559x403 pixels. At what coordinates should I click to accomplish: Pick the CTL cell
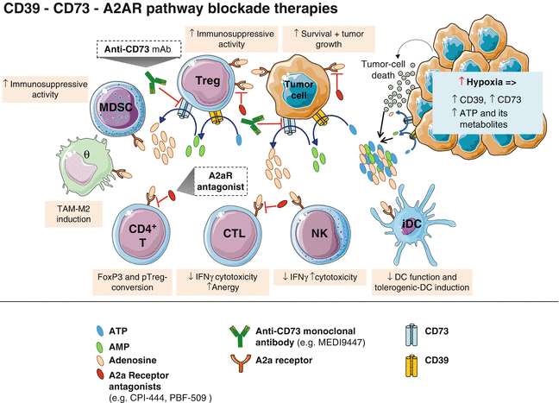(229, 234)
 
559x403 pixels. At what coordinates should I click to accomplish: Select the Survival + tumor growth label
(321, 39)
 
